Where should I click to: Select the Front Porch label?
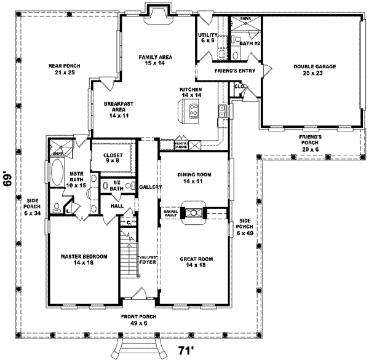(x=138, y=320)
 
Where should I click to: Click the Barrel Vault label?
(x=170, y=213)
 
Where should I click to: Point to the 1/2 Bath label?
(x=115, y=186)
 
